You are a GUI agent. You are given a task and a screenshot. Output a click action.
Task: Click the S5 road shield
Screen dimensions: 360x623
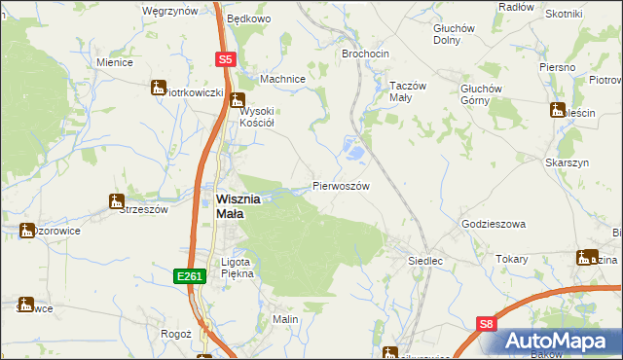click(225, 59)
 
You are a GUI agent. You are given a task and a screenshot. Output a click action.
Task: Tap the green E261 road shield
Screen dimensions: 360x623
click(190, 277)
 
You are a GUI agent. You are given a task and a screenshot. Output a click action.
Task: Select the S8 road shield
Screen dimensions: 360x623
click(488, 326)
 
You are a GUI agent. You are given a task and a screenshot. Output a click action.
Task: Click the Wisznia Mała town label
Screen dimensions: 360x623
click(238, 206)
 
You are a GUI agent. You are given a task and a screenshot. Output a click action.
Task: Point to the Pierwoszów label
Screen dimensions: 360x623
click(341, 185)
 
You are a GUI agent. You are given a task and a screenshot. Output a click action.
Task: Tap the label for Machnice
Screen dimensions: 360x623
click(283, 79)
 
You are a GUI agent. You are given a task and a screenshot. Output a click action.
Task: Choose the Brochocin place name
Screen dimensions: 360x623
click(366, 54)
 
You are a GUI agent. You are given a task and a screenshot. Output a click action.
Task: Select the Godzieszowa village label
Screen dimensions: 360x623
click(493, 224)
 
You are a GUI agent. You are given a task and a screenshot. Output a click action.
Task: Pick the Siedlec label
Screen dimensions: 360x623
click(425, 261)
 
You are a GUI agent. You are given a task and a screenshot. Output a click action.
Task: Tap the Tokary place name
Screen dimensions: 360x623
click(511, 260)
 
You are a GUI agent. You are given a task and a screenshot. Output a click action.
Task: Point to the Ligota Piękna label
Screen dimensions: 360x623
click(238, 268)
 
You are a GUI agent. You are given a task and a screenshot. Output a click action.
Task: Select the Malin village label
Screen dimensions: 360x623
click(284, 319)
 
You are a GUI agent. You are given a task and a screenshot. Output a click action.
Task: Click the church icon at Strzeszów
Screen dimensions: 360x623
click(117, 201)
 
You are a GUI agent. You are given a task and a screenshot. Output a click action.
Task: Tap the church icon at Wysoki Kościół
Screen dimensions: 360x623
click(237, 99)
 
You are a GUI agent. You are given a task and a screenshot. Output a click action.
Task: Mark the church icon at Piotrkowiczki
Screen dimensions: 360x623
click(159, 88)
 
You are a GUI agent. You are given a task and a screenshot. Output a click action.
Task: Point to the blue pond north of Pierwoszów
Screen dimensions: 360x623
click(354, 150)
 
